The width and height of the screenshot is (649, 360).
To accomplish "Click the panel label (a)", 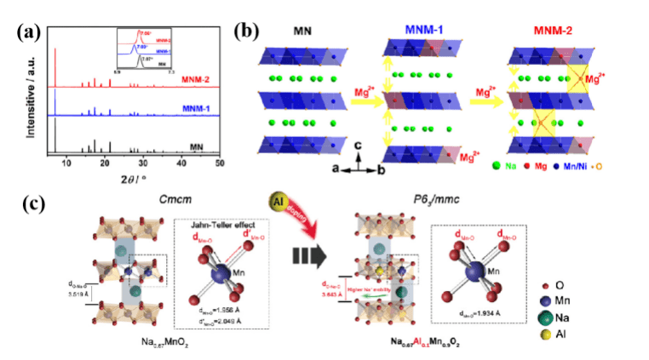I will (x=28, y=33).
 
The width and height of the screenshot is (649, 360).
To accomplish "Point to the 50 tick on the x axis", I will (x=220, y=161).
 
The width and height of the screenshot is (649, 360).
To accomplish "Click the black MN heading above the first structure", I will (x=304, y=33).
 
